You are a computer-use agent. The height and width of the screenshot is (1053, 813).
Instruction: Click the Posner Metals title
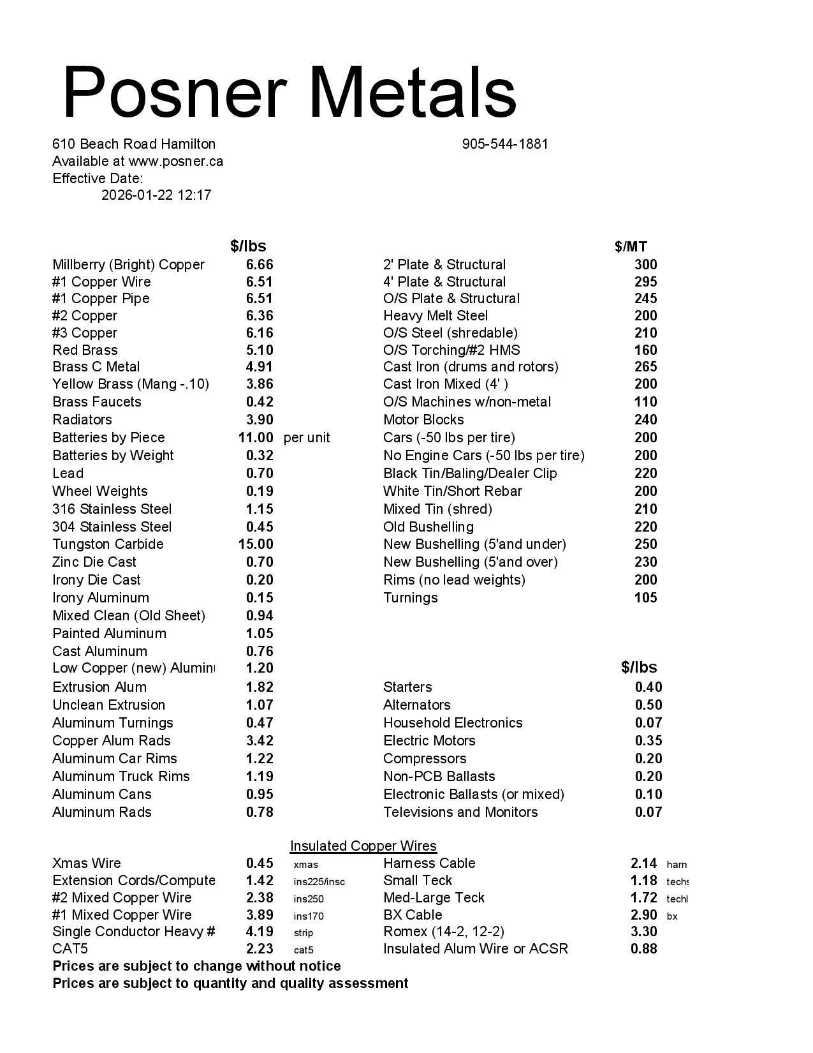289,92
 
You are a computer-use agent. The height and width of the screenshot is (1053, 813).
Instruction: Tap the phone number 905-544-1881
505,144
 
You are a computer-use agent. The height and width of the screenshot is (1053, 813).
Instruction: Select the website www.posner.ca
176,161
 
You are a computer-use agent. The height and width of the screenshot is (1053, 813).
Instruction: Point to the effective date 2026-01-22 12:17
156,195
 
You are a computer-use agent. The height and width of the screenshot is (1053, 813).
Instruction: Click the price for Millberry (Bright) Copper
260,265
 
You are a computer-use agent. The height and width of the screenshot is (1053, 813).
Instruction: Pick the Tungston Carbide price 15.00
256,544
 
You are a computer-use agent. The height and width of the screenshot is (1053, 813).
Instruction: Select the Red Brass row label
85,350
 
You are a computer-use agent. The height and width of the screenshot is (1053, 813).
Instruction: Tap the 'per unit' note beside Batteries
307,438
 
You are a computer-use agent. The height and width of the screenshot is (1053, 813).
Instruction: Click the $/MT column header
631,247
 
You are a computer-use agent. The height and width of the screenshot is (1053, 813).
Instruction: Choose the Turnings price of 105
646,598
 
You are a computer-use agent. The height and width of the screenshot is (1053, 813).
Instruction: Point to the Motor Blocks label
423,420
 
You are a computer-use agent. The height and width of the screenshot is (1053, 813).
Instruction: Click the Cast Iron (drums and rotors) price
646,367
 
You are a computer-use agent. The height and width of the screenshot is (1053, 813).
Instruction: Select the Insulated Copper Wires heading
363,846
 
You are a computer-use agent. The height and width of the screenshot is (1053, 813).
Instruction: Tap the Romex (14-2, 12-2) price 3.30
644,932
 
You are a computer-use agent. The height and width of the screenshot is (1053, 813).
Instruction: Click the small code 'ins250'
309,899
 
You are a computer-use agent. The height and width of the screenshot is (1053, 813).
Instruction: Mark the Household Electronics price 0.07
648,723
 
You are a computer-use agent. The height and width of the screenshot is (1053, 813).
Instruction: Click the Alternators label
417,705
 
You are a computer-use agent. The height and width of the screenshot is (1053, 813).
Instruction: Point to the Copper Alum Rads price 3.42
260,741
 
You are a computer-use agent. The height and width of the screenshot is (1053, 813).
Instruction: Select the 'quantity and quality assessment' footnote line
230,983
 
